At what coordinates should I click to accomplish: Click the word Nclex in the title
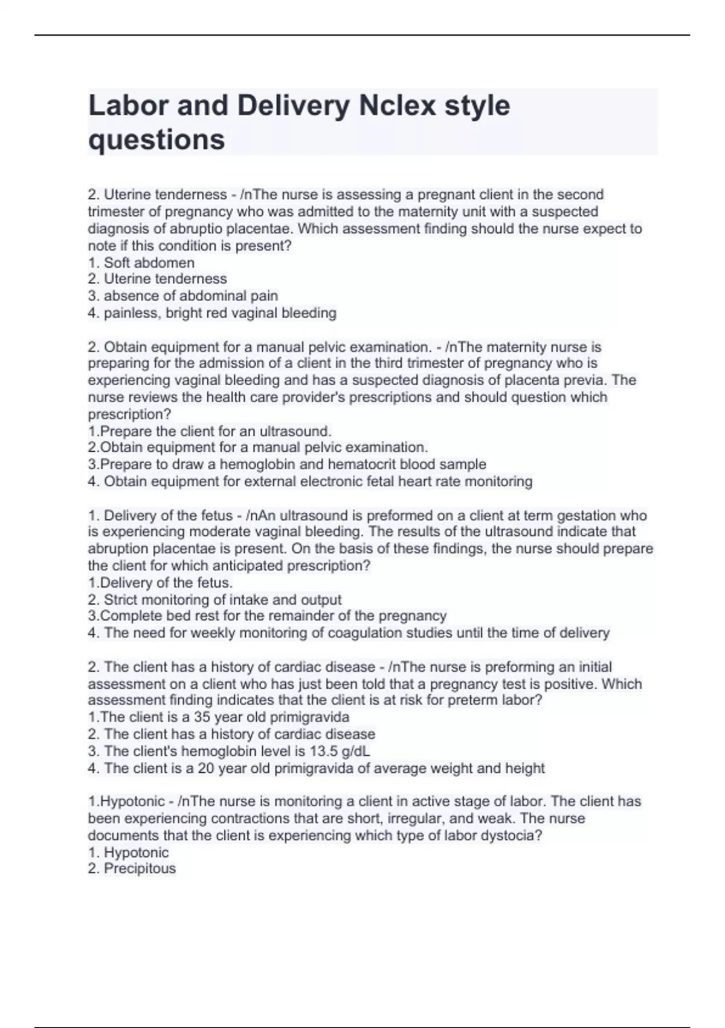tap(397, 106)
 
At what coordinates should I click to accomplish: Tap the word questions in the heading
tap(156, 140)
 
